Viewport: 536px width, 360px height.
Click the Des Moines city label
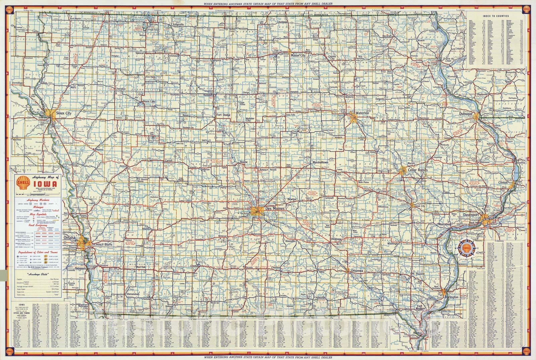pos(274,208)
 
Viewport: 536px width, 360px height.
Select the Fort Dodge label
pos(224,115)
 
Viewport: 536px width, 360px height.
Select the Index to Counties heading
pos(496,16)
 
